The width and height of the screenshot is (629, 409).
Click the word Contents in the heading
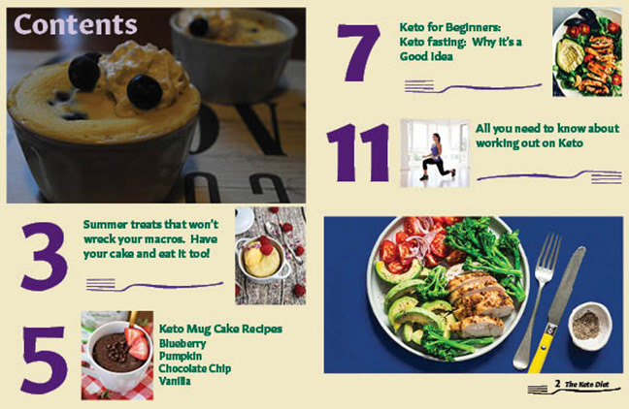[x=76, y=24]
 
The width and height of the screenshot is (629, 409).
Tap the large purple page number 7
[x=359, y=52]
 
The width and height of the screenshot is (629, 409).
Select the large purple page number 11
[x=357, y=152]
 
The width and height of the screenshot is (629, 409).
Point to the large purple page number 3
[x=44, y=257]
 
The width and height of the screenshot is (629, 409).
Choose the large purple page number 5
[x=44, y=360]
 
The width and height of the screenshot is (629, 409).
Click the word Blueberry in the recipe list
[x=182, y=344]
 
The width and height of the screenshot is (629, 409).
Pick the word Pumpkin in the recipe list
[x=181, y=356]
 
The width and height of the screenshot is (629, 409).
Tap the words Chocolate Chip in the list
[x=195, y=368]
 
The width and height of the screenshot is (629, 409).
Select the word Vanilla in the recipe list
[x=175, y=381]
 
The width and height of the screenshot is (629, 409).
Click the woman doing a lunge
[x=437, y=158]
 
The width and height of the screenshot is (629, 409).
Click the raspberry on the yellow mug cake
[x=266, y=248]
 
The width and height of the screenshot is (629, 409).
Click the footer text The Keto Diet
[x=587, y=385]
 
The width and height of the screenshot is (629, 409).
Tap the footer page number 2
[x=557, y=384]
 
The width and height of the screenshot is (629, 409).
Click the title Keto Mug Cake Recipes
[x=220, y=330]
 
